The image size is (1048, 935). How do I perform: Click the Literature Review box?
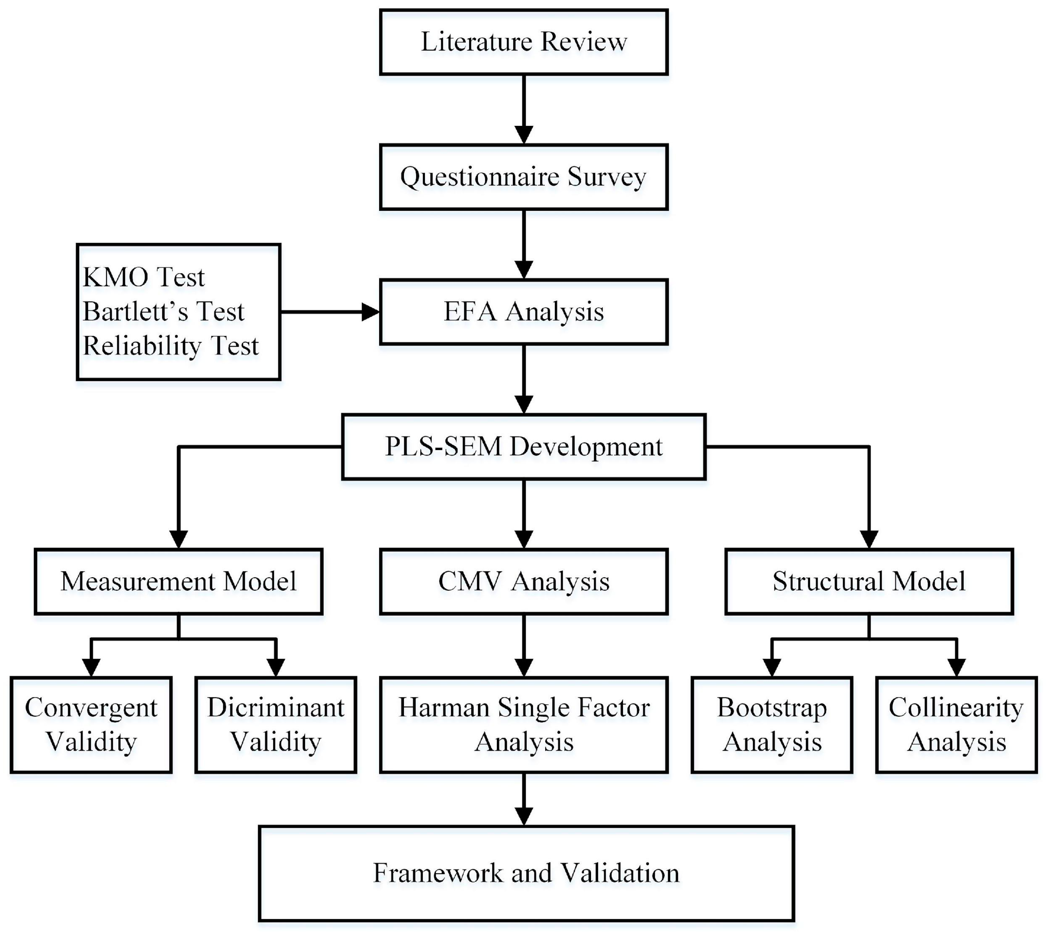point(524,42)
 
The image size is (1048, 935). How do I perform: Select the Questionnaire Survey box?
point(524,177)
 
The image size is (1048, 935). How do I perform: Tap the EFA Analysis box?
point(524,312)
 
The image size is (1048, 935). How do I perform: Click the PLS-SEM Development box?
point(524,446)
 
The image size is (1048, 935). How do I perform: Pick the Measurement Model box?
point(178,582)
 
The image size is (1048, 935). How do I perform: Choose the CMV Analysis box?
point(524,582)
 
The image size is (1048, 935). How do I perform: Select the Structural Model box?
point(869,582)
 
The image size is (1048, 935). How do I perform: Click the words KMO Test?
point(144,277)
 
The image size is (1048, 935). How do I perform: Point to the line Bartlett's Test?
point(163,311)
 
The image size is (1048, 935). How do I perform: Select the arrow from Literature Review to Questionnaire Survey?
point(524,108)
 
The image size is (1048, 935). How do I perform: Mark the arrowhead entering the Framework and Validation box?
point(524,816)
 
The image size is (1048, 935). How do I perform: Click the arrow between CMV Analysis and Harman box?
point(524,645)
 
